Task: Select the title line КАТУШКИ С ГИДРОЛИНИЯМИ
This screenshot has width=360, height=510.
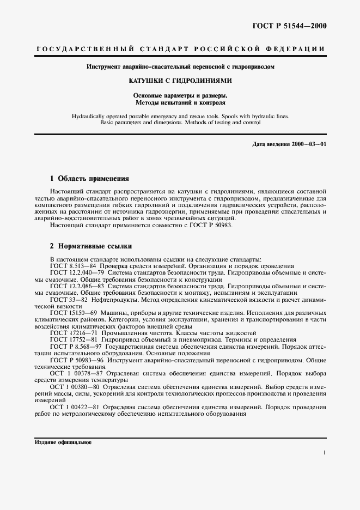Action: tap(180, 81)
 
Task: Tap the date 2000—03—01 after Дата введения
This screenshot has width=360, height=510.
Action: tap(308, 143)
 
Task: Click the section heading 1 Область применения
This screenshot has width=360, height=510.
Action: tap(89, 178)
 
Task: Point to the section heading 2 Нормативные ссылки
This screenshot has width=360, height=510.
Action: tap(90, 247)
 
